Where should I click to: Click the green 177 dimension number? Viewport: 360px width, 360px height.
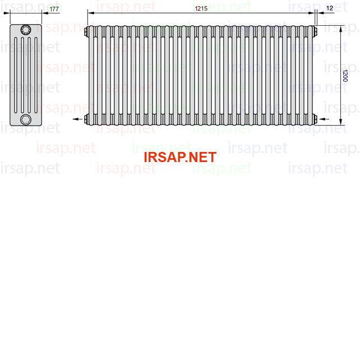point(54,9)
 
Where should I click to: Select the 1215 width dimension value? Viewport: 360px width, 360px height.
point(201,8)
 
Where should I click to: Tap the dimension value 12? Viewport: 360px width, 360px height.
point(330,8)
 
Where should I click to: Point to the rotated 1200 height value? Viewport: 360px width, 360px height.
point(345,76)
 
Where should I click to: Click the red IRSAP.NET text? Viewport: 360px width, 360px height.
point(180,157)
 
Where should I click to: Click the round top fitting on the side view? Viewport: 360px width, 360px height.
point(26,30)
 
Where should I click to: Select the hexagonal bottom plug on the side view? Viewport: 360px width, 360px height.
point(26,119)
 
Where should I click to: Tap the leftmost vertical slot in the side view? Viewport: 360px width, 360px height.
point(16,75)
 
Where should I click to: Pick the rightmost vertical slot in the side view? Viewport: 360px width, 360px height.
point(36,75)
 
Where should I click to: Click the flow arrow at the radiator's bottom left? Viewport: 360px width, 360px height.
point(77,119)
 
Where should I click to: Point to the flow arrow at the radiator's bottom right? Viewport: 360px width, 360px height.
point(324,119)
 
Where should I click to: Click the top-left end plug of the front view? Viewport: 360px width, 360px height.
point(86,31)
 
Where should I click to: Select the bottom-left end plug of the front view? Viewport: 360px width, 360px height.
point(86,119)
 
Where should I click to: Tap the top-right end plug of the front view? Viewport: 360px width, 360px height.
point(315,31)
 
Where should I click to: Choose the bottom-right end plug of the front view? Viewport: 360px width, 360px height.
point(315,119)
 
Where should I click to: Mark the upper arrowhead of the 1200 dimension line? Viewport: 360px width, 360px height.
point(341,29)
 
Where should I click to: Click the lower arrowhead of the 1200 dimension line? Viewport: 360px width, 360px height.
point(341,122)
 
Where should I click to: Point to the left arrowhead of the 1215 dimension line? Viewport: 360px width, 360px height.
point(91,13)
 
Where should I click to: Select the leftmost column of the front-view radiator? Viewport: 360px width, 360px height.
point(91,75)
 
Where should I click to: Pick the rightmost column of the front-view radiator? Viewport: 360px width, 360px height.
point(310,75)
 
